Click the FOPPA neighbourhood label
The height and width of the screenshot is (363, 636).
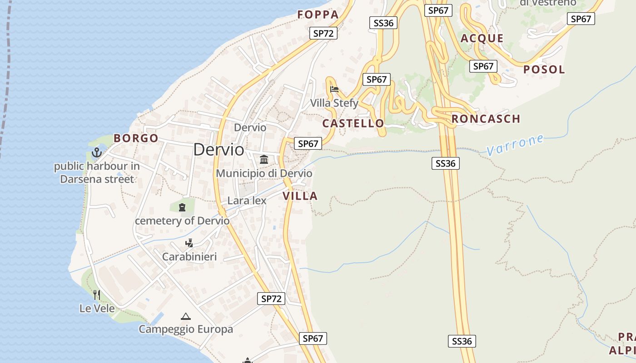click(318, 15)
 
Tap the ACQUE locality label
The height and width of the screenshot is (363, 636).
click(482, 38)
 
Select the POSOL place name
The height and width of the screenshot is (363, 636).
click(544, 69)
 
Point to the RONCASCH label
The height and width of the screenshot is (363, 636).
click(486, 119)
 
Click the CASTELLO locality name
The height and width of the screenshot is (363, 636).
click(353, 123)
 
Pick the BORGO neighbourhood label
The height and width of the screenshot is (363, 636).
click(136, 138)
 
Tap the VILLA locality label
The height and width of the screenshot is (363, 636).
click(300, 196)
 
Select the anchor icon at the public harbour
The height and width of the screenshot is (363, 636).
click(96, 152)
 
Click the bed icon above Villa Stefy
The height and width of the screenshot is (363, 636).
click(334, 89)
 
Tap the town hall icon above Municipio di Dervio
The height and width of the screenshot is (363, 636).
click(264, 159)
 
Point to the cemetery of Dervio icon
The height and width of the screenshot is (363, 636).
click(182, 207)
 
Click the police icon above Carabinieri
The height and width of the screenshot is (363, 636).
click(189, 243)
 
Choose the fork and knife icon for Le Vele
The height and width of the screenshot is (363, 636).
click(96, 295)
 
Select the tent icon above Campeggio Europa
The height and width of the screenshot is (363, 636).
click(185, 316)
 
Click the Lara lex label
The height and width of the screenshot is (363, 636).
click(247, 201)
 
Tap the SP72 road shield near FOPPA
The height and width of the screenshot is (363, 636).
click(323, 33)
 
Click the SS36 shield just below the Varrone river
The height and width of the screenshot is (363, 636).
click(445, 163)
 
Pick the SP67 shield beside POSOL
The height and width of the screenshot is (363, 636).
click(483, 66)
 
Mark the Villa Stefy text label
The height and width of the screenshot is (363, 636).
click(334, 103)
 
